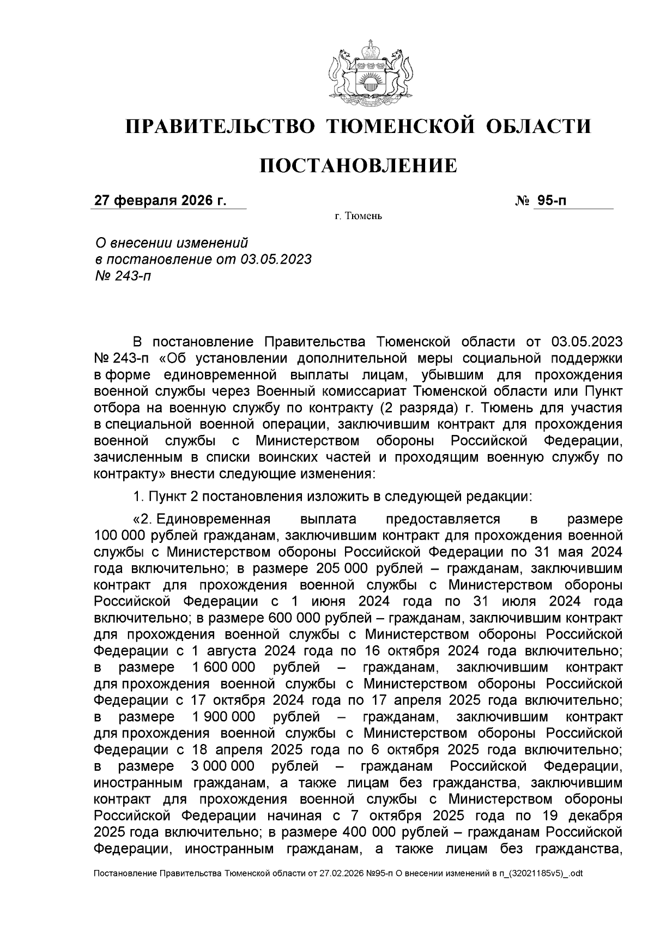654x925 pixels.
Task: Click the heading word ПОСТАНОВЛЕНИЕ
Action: pyautogui.click(x=358, y=165)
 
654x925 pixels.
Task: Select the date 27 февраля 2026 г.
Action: pyautogui.click(x=160, y=201)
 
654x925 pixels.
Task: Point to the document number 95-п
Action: pyautogui.click(x=551, y=201)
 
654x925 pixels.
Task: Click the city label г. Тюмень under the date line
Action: pyautogui.click(x=358, y=217)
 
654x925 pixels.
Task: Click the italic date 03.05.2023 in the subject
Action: pyautogui.click(x=275, y=259)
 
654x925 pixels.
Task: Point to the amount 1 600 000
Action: pyautogui.click(x=223, y=668)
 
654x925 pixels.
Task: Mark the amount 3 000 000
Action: pyautogui.click(x=223, y=766)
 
